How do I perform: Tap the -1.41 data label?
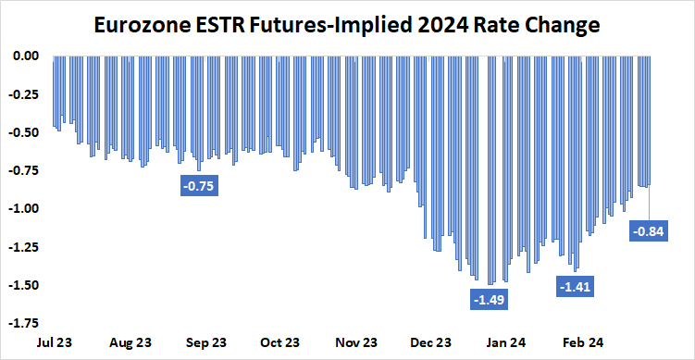(575, 287)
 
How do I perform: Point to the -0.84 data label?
(648, 231)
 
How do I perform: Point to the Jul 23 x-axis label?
(56, 341)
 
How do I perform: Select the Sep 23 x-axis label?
(206, 341)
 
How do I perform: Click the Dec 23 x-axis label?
(432, 341)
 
